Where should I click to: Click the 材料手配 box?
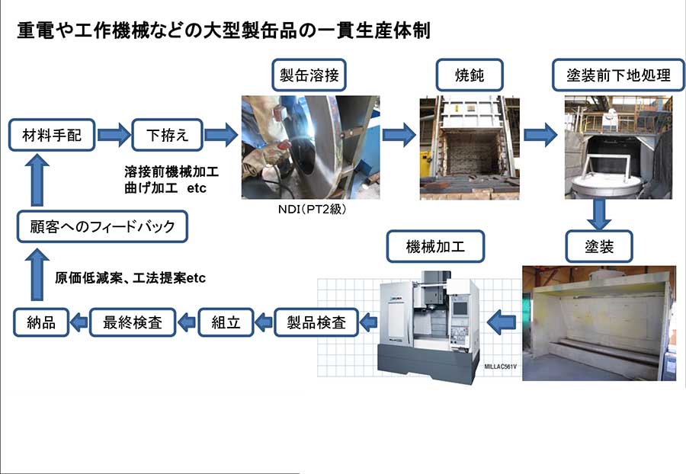coord(52,135)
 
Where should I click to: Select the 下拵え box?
coord(168,135)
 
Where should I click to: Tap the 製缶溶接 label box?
coord(309,75)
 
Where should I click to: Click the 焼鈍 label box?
coord(470,75)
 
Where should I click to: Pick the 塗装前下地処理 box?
coord(618,75)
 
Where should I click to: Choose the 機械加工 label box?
coord(435,247)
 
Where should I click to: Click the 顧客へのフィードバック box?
coord(102,226)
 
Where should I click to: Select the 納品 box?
coord(41,322)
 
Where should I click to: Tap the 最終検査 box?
coord(133,322)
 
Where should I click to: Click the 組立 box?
coord(226,322)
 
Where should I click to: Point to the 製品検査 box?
coord(316,322)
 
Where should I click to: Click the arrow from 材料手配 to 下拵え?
coord(114,135)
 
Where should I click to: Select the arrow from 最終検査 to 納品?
coord(79,322)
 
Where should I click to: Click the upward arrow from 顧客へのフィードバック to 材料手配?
coord(37,181)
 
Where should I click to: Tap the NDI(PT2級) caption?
coord(312,210)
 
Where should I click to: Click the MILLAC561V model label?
coord(500,367)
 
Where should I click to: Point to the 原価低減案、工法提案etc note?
coord(130,278)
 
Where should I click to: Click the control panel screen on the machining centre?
coord(460,308)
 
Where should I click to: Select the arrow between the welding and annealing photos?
coord(399,135)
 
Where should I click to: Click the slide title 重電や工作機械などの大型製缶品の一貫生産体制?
coord(224,30)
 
